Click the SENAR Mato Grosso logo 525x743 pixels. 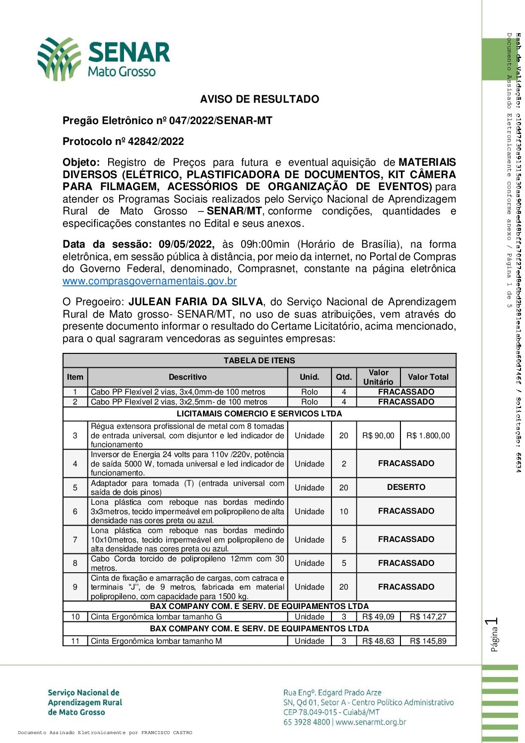point(104,59)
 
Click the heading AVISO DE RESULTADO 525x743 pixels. point(260,99)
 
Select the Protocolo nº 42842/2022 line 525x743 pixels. point(123,141)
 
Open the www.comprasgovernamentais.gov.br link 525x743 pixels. point(149,281)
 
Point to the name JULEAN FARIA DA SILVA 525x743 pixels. point(196,302)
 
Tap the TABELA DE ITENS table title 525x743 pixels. point(259,360)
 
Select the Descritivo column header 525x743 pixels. point(188,377)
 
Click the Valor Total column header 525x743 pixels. point(428,377)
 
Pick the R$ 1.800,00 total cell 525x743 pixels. point(428,436)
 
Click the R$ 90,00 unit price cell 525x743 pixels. point(378,436)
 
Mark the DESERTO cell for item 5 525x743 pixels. point(406,487)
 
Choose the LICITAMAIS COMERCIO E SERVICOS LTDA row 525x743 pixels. point(259,414)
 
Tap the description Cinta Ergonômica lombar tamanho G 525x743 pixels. point(156,617)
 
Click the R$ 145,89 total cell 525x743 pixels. point(428,641)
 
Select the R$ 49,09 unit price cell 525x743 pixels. point(378,617)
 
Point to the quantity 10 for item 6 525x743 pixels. point(344,512)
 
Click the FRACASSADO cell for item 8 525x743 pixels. point(406,563)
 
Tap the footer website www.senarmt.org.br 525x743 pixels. point(371,722)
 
